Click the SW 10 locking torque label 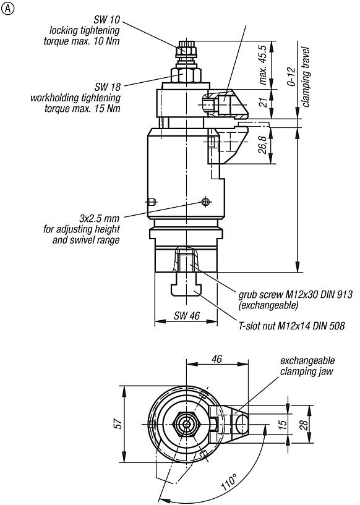(85, 29)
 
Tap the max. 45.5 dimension (264, 64)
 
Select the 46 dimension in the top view (216, 359)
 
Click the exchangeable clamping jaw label (307, 366)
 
